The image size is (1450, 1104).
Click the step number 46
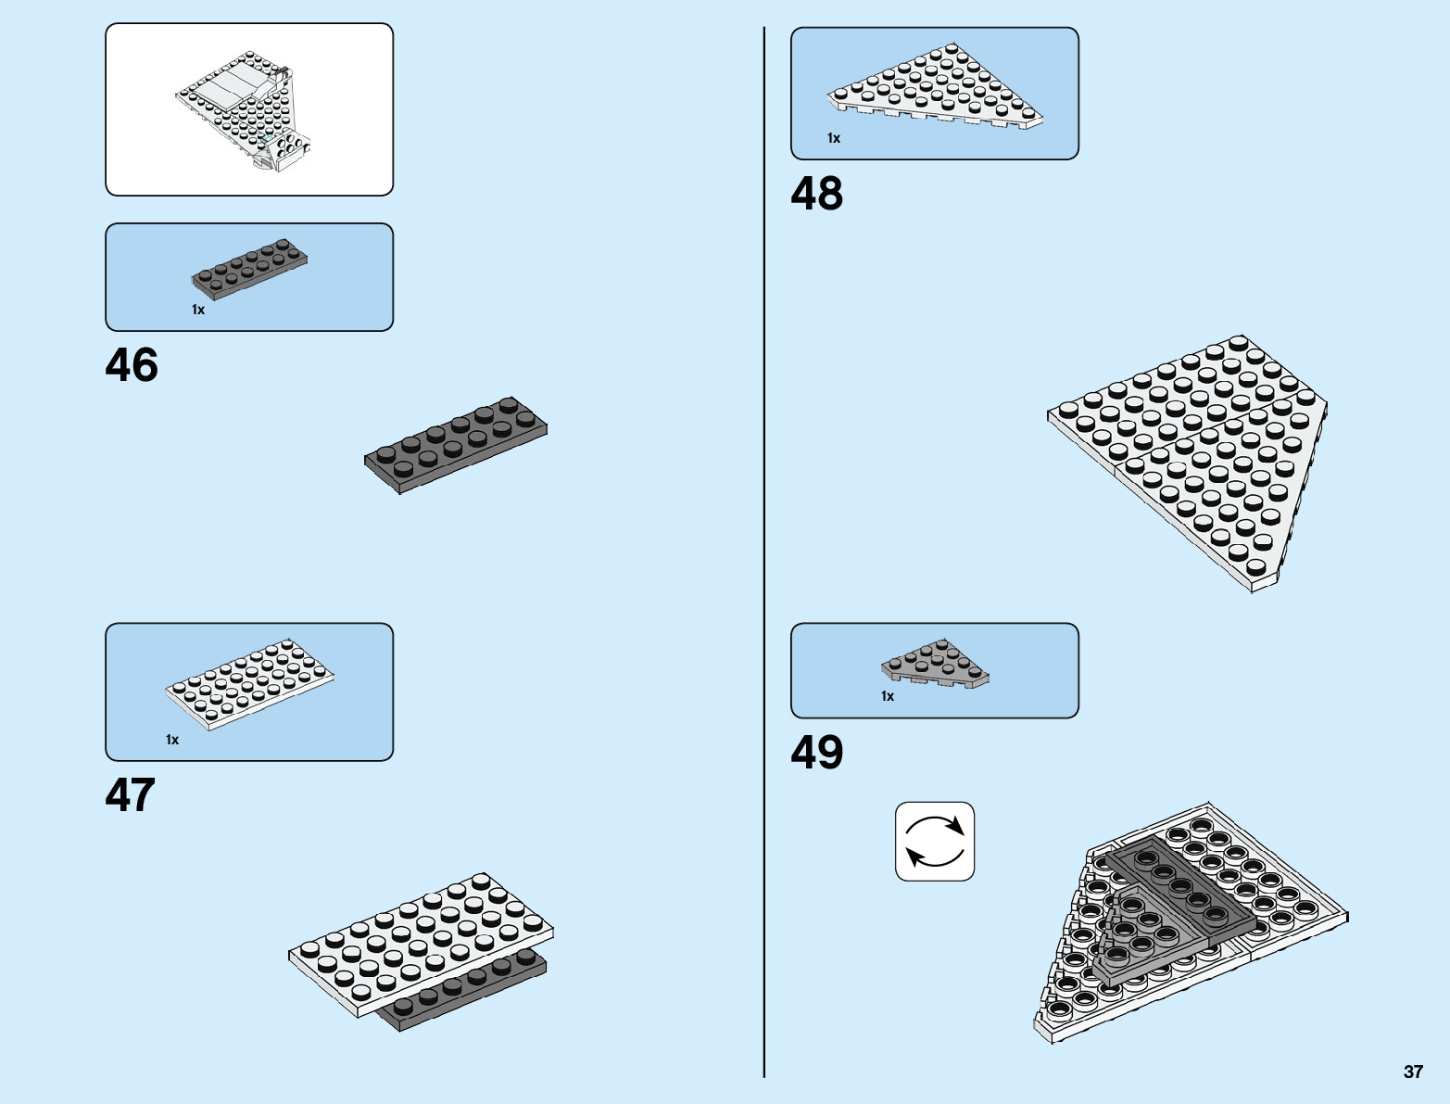[x=132, y=365]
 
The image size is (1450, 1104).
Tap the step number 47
[x=131, y=795]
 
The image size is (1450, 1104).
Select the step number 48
[x=816, y=195]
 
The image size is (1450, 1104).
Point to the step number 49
[x=816, y=753]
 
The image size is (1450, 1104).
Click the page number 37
[x=1412, y=1072]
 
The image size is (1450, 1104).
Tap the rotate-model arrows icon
[x=934, y=842]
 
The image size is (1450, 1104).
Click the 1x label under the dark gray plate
[x=198, y=310]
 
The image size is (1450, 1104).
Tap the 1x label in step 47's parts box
[x=172, y=740]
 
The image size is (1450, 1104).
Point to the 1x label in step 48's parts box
[x=834, y=138]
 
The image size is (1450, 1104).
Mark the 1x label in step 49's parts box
[x=888, y=696]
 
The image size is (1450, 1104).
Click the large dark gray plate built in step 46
[x=456, y=445]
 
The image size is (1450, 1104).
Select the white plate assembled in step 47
[x=422, y=936]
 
